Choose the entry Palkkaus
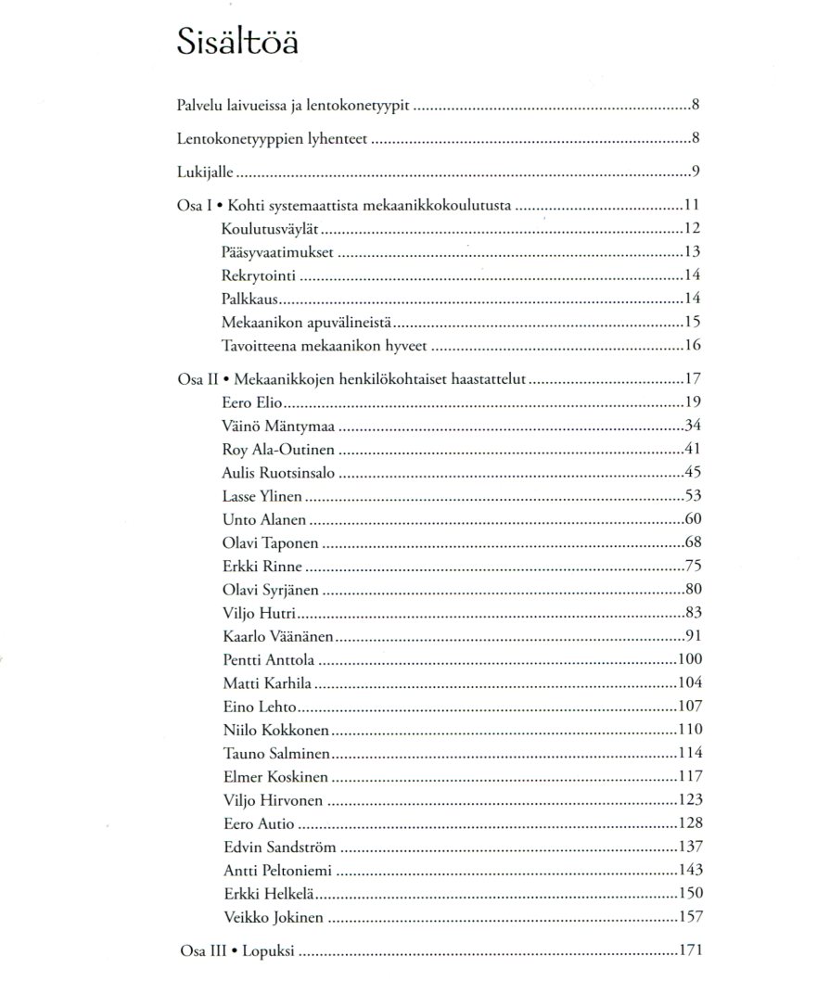[249, 299]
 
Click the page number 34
[694, 426]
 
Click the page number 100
[690, 660]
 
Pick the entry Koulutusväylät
[271, 228]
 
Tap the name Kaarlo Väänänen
[278, 637]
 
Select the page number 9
[696, 172]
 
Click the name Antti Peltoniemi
[277, 871]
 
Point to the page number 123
[690, 800]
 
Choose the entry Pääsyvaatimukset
[279, 252]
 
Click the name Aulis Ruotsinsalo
[279, 473]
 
